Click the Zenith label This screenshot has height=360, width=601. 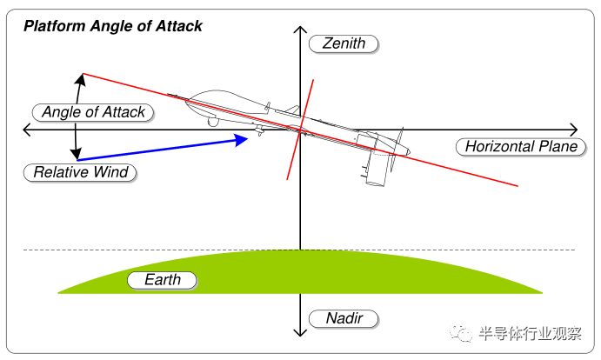point(344,43)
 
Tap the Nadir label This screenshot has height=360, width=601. point(344,318)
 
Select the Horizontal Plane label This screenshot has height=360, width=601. point(521,147)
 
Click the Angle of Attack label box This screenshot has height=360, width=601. point(93,113)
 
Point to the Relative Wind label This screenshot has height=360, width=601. point(80,172)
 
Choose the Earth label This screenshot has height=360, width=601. point(162,280)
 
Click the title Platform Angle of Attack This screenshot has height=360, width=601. point(113,26)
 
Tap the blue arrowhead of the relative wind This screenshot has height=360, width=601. point(241,140)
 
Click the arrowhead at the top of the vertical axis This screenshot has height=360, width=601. point(300,30)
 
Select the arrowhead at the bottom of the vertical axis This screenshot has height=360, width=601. point(300,332)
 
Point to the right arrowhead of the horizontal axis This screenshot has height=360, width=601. point(574,130)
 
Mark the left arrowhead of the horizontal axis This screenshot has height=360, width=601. point(27,130)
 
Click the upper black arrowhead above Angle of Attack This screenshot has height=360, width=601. point(81,79)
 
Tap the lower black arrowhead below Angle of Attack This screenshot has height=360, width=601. point(76,153)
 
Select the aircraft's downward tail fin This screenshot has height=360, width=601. point(377,170)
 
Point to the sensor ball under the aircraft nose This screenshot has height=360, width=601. point(213,122)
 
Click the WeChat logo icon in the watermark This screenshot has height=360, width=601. point(461,333)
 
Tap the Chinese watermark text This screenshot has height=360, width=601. point(530,334)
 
